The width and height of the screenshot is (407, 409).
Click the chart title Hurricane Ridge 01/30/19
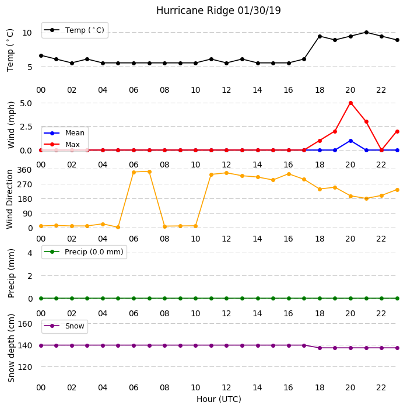219,11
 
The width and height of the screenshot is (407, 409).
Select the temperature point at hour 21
366,32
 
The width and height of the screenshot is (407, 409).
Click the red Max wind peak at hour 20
350,103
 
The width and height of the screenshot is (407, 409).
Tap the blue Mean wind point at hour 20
350,141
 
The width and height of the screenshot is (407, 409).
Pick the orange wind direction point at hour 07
149,172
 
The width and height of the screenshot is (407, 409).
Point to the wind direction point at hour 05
118,227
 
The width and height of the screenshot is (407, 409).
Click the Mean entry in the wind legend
64,133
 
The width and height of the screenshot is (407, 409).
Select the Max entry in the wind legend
62,144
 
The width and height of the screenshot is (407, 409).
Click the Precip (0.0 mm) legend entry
84,251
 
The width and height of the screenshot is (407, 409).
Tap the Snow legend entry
64,326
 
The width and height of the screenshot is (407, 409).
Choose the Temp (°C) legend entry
74,30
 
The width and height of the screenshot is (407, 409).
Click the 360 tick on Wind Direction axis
24,170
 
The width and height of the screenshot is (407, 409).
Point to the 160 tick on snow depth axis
24,324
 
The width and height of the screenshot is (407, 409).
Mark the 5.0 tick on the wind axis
26,103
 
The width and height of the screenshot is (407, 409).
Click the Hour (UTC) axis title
219,399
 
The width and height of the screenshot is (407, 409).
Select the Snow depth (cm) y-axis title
11,348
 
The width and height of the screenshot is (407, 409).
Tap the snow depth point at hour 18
320,348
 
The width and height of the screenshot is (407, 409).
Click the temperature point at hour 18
320,36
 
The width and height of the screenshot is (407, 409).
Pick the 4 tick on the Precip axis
30,253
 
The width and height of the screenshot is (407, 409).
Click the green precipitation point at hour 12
226,298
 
